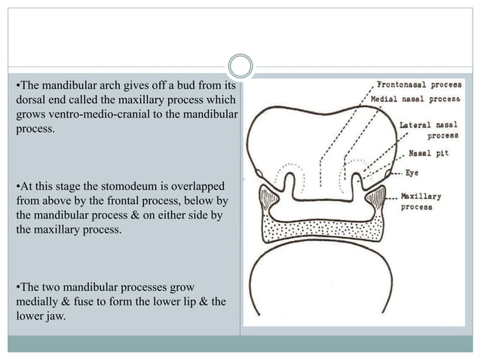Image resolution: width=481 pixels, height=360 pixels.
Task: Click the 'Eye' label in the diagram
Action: pos(412,173)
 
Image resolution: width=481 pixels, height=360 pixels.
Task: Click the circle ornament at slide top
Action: pos(240,66)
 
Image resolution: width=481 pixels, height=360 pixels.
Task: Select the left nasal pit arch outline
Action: pos(287,179)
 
